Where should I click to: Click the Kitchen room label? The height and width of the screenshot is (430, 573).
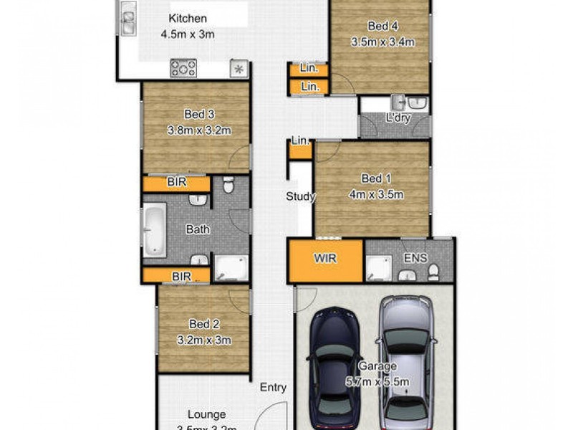click(188, 18)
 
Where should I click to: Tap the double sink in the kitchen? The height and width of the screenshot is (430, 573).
click(127, 19)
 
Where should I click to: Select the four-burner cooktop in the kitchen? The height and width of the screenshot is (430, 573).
click(183, 69)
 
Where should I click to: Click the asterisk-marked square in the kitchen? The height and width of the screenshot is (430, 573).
click(239, 70)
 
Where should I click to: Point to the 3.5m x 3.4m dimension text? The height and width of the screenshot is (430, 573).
click(382, 42)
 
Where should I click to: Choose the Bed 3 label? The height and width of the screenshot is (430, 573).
click(199, 114)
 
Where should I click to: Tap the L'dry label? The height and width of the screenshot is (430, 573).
click(398, 118)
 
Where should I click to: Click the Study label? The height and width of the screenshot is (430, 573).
click(301, 196)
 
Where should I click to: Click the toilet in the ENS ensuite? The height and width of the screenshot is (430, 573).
click(433, 271)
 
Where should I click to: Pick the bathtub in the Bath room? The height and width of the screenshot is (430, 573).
click(154, 231)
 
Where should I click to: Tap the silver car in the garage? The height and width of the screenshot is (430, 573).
click(406, 358)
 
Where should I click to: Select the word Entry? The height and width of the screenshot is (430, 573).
click(273, 388)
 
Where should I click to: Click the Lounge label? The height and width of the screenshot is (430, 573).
click(207, 414)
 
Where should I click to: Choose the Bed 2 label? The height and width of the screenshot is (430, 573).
click(203, 323)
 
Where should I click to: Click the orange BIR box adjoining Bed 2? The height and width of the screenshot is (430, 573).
click(176, 275)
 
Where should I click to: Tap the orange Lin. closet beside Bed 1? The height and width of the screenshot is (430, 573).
click(300, 148)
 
